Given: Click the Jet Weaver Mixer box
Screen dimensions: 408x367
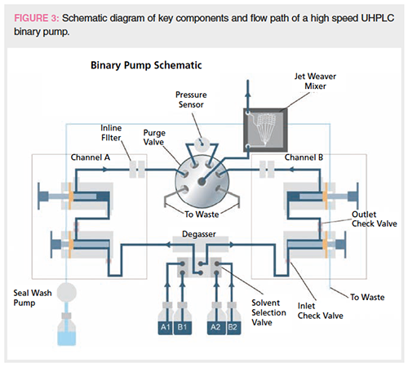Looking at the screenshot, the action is click(265, 130).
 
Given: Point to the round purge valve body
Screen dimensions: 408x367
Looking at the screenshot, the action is click(202, 182).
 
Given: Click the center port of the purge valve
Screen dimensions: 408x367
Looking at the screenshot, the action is click(202, 181).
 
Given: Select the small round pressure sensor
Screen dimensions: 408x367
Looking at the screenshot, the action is click(202, 144).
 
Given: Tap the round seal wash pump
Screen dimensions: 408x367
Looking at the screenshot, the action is click(67, 292).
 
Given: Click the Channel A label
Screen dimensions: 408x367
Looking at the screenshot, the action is click(91, 157).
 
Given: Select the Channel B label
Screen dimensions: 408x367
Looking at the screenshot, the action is click(304, 157).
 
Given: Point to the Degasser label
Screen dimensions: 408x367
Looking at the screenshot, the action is click(199, 234).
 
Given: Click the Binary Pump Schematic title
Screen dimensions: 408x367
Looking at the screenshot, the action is click(146, 65).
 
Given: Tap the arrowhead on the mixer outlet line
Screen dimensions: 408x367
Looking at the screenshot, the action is click(247, 94).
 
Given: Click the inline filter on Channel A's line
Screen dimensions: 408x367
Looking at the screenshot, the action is click(137, 170).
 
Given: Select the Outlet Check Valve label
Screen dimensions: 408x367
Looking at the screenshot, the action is click(375, 219).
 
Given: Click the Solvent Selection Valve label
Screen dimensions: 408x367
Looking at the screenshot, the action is click(268, 312).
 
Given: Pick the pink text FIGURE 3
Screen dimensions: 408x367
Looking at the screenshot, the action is click(37, 18).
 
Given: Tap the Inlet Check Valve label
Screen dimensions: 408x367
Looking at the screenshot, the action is click(321, 311).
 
